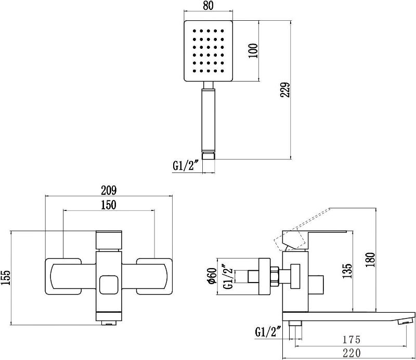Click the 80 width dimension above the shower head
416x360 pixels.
tap(209, 5)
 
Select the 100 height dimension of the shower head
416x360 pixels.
tap(254, 51)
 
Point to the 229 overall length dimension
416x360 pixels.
tap(285, 90)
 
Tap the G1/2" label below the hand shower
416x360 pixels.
tap(186, 166)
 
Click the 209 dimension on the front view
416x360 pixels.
tap(109, 190)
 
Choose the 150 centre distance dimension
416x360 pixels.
tap(109, 205)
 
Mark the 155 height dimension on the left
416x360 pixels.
tap(6, 277)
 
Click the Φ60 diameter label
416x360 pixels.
tap(213, 276)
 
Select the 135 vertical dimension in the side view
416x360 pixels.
tap(347, 271)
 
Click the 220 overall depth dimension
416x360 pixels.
tap(352, 353)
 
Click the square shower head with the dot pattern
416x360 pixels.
tap(209, 51)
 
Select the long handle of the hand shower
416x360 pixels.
tap(209, 121)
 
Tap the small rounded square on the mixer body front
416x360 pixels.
tap(108, 285)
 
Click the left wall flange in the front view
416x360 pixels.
tap(63, 276)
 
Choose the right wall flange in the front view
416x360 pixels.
tap(154, 276)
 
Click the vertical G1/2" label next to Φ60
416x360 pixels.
tap(228, 277)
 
